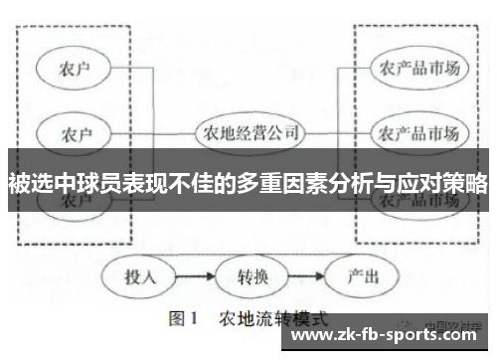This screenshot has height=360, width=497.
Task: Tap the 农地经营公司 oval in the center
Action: point(248,131)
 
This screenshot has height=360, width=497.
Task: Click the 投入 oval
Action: point(140,275)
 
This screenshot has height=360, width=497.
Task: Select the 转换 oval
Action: point(248,275)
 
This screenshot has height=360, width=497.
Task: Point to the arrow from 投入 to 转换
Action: point(194,275)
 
